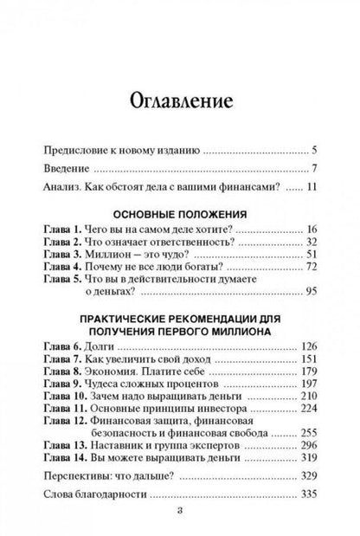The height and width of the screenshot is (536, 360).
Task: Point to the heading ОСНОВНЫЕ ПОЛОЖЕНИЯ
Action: pos(179,211)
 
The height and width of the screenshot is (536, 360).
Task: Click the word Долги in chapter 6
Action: pos(101,347)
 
